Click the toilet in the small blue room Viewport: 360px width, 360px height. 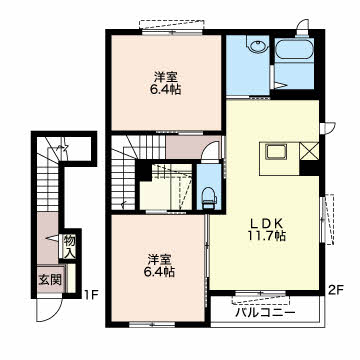click(x=209, y=198)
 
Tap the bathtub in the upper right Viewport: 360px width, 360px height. click(x=295, y=49)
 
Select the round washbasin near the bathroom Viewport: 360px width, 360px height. click(x=258, y=46)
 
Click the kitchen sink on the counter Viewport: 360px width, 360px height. click(x=276, y=153)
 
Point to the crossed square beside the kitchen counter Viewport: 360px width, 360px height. click(x=309, y=151)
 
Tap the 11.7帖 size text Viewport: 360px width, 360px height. click(x=266, y=236)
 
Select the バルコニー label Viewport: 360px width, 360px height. click(x=265, y=313)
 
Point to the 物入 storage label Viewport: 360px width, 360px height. click(x=69, y=247)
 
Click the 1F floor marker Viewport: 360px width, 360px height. click(x=90, y=295)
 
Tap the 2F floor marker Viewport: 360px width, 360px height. click(x=336, y=290)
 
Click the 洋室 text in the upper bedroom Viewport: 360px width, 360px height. click(x=165, y=78)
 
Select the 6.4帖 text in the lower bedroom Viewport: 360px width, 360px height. click(x=158, y=272)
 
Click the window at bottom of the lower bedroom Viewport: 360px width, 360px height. click(x=152, y=324)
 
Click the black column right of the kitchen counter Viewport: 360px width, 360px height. click(x=309, y=168)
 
